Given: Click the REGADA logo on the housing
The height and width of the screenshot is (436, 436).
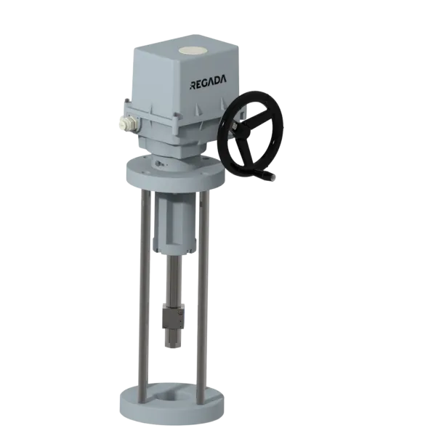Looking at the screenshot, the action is [x=208, y=82].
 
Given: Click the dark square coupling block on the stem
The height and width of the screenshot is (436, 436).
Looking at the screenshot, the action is [x=173, y=316].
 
